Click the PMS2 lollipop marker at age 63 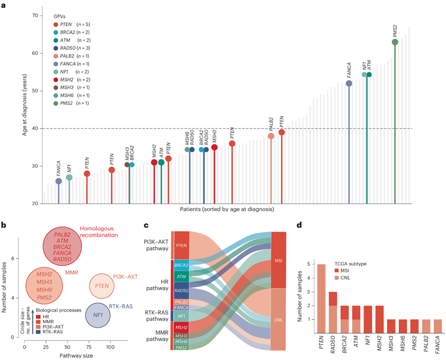coord(395,42)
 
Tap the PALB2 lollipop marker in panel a coord(271,136)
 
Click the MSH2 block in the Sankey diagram coord(181,327)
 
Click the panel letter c coord(146,224)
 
